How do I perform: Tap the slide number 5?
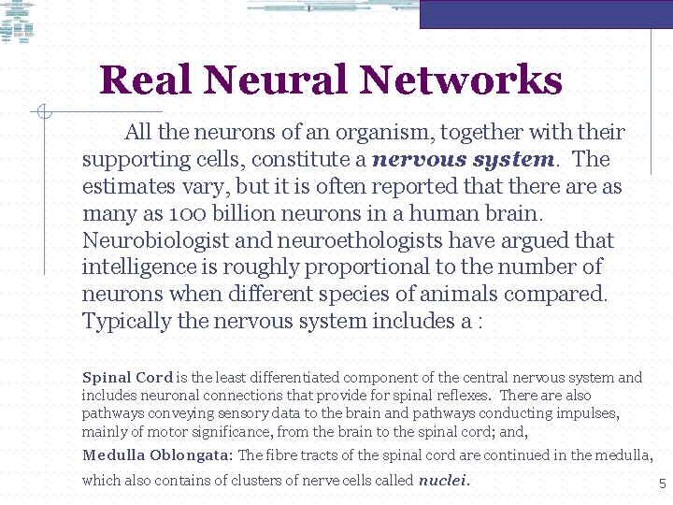point(662,484)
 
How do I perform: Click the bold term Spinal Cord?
point(127,378)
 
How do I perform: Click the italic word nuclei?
point(442,481)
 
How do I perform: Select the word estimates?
point(133,186)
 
